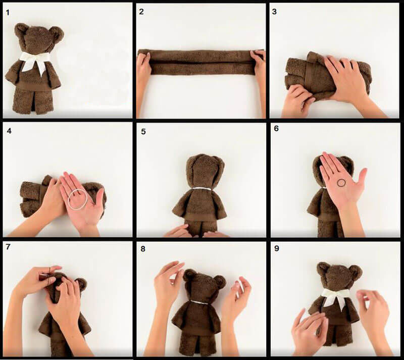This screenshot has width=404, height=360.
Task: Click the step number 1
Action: coord(8,12)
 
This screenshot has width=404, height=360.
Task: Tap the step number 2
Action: coord(141,12)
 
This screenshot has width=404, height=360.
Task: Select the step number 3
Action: coord(274,12)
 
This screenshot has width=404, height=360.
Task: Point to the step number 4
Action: coord(9,131)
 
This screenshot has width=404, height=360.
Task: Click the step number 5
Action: coord(143,132)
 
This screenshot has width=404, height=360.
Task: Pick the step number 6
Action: coord(276,128)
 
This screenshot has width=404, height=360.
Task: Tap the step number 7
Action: coord(8,247)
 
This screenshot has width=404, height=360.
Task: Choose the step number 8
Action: coord(143,249)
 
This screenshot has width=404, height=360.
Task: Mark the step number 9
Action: coord(277,248)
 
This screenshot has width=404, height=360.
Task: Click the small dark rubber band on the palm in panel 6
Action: coord(342,183)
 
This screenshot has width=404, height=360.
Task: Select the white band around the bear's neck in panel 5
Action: coord(201,189)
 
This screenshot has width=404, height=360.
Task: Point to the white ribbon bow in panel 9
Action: coord(334,297)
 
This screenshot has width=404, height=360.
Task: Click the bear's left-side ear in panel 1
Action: coord(21,30)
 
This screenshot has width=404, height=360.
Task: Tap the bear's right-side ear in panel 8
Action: coord(220,282)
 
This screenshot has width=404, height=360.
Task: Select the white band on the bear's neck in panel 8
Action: coord(198,302)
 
